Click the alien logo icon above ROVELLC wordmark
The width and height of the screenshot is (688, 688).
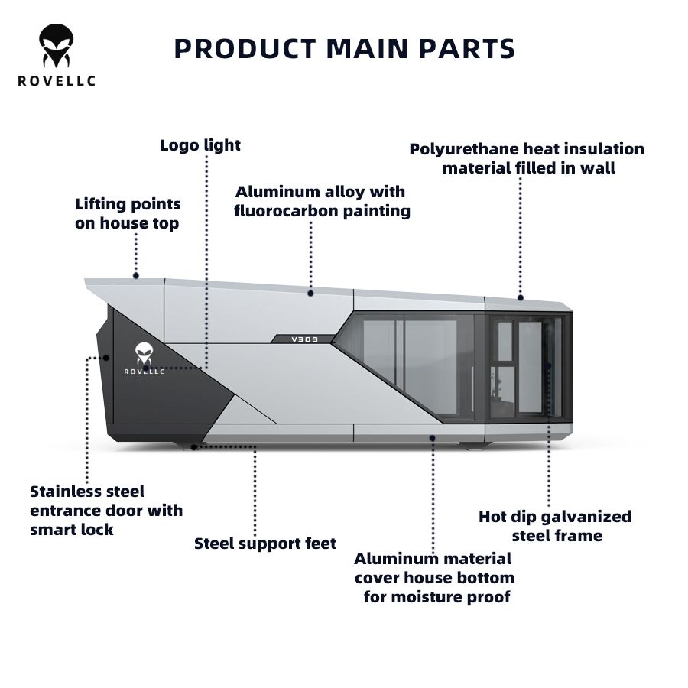[56, 47]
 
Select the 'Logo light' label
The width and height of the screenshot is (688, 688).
[200, 145]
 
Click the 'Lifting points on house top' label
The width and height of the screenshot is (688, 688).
[128, 214]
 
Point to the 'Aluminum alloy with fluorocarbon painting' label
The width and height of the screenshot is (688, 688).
[322, 201]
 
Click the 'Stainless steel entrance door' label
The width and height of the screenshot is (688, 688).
[105, 510]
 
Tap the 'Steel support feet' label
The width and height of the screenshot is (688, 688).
[264, 544]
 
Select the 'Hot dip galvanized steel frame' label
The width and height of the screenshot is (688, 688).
[555, 526]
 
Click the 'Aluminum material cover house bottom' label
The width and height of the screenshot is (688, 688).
[434, 577]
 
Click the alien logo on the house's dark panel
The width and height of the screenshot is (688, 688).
[144, 352]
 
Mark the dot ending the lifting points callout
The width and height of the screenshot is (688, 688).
[136, 275]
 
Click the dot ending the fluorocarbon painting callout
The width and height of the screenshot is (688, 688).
[311, 291]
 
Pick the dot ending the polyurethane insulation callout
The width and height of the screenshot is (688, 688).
[521, 297]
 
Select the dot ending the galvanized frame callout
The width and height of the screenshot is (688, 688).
[549, 365]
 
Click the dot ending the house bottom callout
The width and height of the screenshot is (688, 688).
[433, 439]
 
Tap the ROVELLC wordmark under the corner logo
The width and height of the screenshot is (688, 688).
[56, 81]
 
